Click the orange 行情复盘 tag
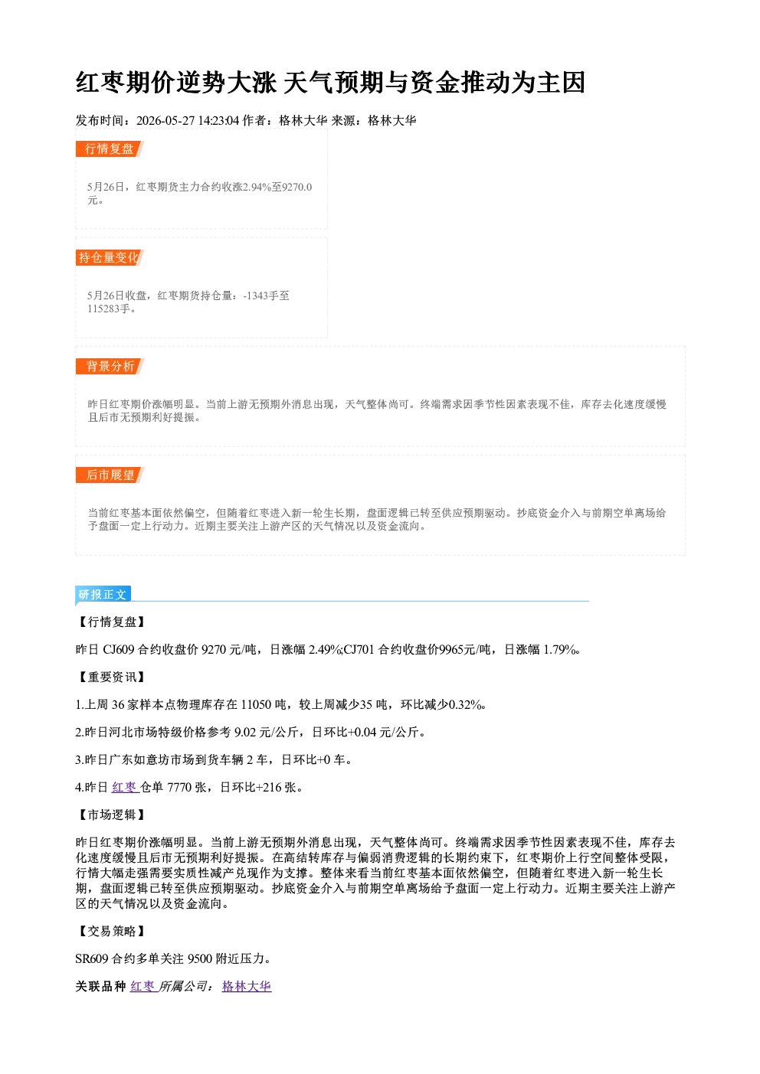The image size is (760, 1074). (110, 149)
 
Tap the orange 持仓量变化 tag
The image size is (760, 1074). (110, 257)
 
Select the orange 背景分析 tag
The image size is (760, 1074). (110, 367)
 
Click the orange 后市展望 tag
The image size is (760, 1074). (110, 475)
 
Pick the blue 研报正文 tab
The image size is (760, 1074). (103, 595)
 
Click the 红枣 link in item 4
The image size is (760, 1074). (125, 787)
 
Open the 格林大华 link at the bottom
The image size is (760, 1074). (247, 986)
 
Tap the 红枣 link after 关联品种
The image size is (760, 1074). (143, 986)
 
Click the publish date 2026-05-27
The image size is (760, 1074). (165, 120)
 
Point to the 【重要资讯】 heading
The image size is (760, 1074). (111, 677)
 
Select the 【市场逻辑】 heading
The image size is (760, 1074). (111, 814)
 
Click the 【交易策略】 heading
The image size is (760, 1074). (111, 931)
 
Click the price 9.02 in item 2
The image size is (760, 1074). (244, 732)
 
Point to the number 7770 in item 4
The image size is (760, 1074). (179, 787)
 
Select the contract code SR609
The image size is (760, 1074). (92, 959)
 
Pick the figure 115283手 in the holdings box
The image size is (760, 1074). (109, 308)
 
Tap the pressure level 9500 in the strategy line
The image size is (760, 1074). (200, 959)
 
